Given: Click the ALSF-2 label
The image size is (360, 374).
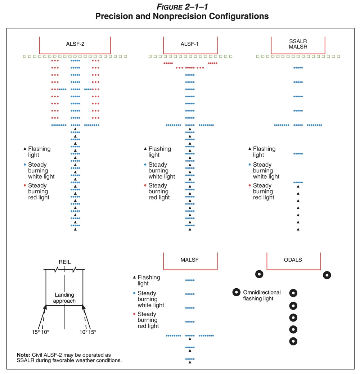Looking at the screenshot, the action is click(75, 44).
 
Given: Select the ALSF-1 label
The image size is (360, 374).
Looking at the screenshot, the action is click(190, 44).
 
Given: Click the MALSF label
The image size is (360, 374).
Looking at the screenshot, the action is click(190, 260).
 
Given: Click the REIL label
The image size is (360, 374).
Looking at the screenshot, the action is click(64, 262).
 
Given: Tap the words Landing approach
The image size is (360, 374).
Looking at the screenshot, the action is click(64, 298).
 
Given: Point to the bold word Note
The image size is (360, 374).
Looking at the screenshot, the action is click(23, 355).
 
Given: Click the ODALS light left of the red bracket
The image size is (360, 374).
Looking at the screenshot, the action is click(259, 274).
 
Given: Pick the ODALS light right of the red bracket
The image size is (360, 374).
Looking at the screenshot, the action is click(327, 275).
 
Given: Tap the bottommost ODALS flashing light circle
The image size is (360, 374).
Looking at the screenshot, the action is click(293, 341).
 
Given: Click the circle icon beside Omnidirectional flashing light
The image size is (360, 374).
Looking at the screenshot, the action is click(237, 292).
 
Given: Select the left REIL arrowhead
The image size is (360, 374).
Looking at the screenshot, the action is click(46, 307).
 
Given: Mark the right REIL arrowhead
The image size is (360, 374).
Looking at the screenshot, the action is click(83, 307).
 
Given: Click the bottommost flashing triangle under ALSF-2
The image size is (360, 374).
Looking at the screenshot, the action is click(75, 229).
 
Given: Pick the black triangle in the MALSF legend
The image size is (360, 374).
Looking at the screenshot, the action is click(134, 277).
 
